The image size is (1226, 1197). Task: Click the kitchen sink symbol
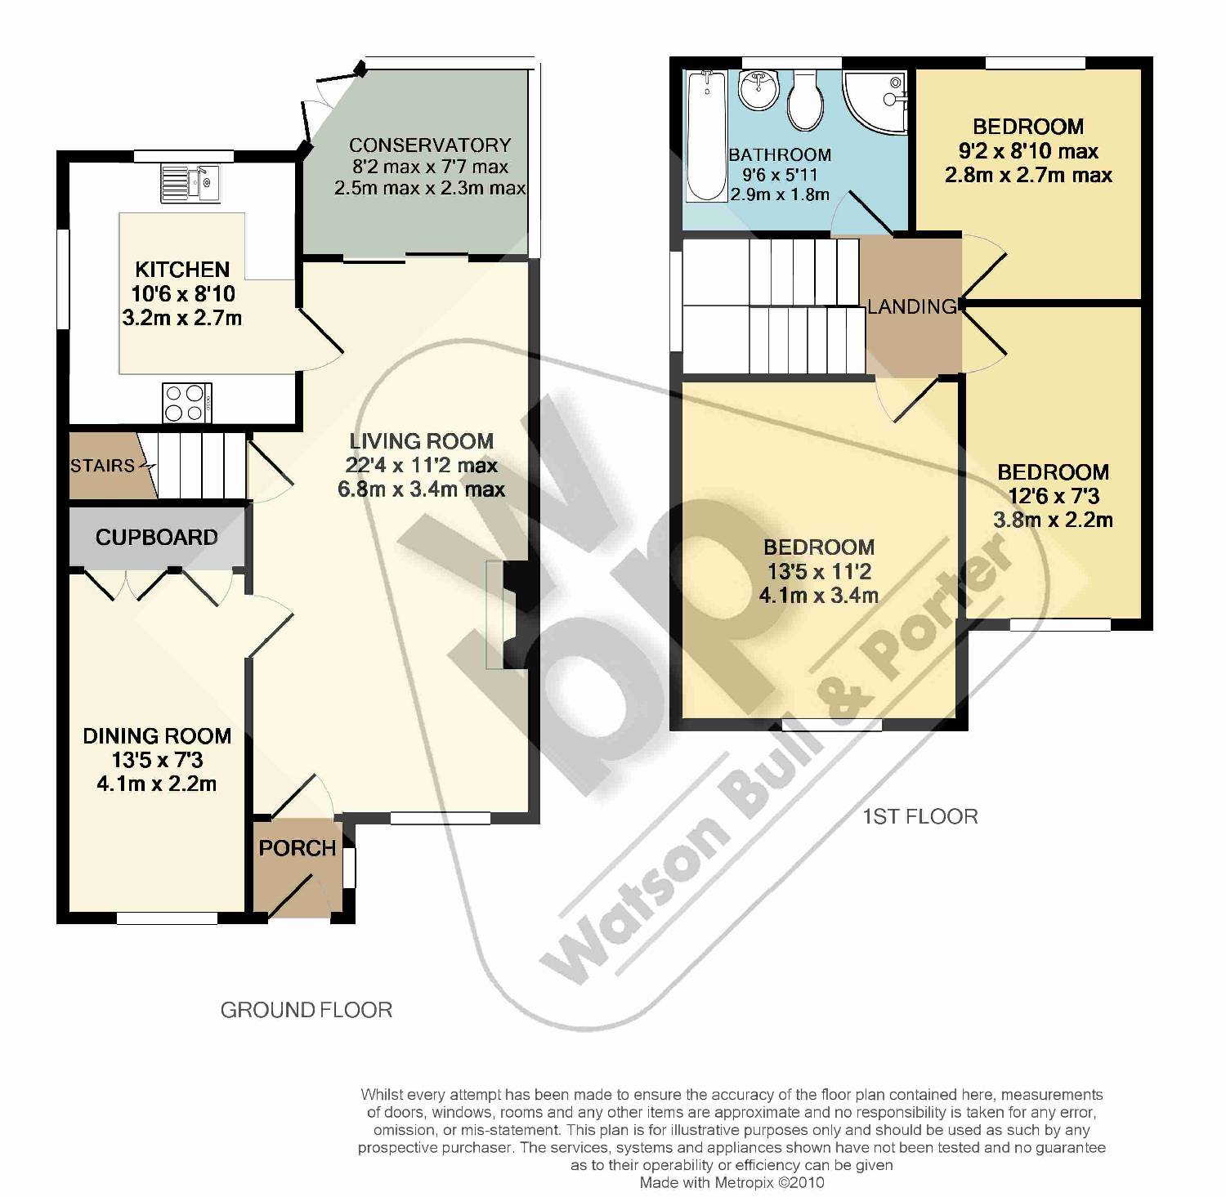coord(190,182)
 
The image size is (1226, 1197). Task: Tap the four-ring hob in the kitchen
coord(188,402)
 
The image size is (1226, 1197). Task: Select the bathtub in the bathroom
coord(705,136)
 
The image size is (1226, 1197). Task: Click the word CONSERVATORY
coord(430,145)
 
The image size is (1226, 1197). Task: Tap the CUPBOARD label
coord(157,537)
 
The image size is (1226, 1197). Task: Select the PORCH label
coord(298,848)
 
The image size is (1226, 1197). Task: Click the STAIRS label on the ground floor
coord(102,466)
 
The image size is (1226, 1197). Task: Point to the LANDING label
coord(912,306)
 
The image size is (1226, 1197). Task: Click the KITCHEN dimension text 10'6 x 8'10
coord(183,293)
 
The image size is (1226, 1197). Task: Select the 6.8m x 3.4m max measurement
coord(421,489)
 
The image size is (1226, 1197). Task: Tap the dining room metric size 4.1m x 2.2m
coord(157,784)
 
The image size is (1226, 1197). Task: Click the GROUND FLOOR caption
coord(306,1010)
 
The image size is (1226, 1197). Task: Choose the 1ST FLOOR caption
coord(920,816)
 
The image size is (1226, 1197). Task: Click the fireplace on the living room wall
coord(505,614)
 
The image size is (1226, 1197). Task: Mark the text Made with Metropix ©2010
coord(732,1182)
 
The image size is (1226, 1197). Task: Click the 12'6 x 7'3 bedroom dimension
coord(1053,496)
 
